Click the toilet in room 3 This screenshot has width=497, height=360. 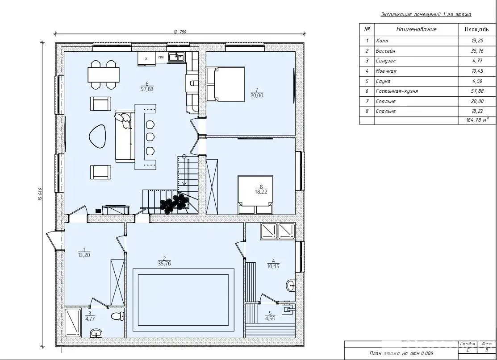click(x=118, y=316)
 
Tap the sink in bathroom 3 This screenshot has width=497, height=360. click(x=96, y=333)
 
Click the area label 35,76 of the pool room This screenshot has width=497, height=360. click(x=164, y=264)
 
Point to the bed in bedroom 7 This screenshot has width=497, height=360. click(x=226, y=84)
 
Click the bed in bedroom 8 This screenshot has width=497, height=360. click(x=255, y=195)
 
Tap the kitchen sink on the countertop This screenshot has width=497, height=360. click(x=176, y=57)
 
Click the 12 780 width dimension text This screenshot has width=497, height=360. click(x=180, y=32)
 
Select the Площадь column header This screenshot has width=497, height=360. click(x=476, y=29)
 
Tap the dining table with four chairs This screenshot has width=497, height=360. click(x=104, y=75)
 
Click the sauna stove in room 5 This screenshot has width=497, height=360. click(x=288, y=308)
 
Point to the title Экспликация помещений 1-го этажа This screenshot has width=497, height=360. click(x=426, y=15)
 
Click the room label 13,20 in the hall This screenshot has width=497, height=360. click(x=84, y=255)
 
